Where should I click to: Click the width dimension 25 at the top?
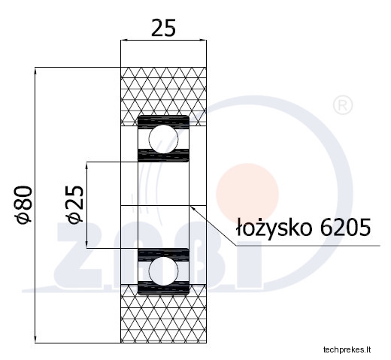pyautogui.click(x=163, y=28)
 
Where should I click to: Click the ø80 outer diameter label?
pyautogui.click(x=24, y=204)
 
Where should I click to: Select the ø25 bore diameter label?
pyautogui.click(x=74, y=204)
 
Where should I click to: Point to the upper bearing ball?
pyautogui.click(x=163, y=138)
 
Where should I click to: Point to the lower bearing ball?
pyautogui.click(x=163, y=271)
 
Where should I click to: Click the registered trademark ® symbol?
pyautogui.click(x=343, y=106)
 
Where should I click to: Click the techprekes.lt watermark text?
pyautogui.click(x=347, y=349)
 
